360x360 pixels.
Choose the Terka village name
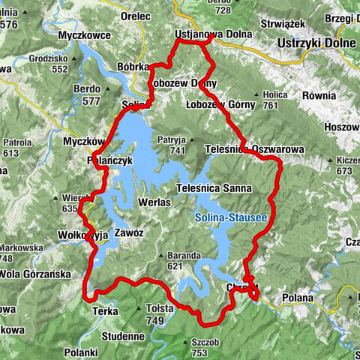click(x=105, y=310)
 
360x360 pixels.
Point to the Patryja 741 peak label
click(x=171, y=145)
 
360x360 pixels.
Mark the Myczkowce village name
click(x=83, y=34)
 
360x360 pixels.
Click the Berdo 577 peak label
click(x=88, y=94)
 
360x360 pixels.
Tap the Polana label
click(x=297, y=298)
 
